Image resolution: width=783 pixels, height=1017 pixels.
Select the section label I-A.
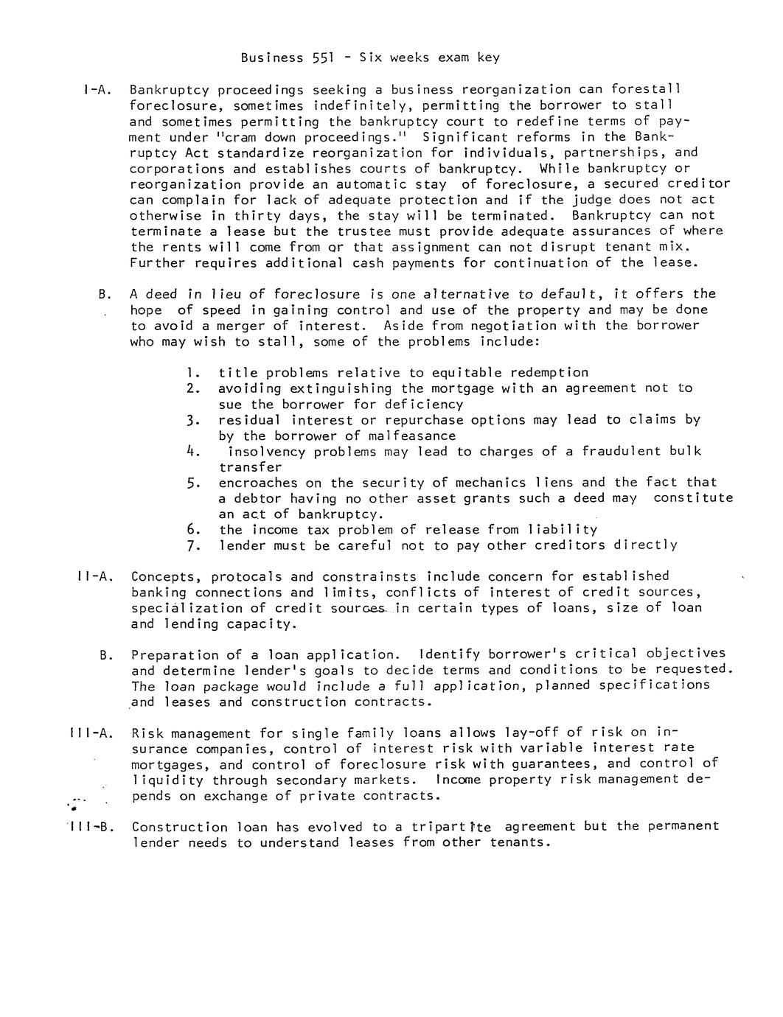pyautogui.click(x=98, y=90)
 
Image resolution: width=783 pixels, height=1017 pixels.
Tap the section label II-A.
pyautogui.click(x=95, y=576)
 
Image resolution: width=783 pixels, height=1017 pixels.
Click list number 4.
pyautogui.click(x=194, y=451)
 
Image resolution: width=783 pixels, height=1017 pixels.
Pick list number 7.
pyautogui.click(x=194, y=545)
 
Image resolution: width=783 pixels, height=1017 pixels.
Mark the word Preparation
pyautogui.click(x=175, y=654)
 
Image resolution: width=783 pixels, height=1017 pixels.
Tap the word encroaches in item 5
pyautogui.click(x=258, y=483)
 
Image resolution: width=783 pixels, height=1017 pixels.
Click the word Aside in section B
pyautogui.click(x=403, y=326)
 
